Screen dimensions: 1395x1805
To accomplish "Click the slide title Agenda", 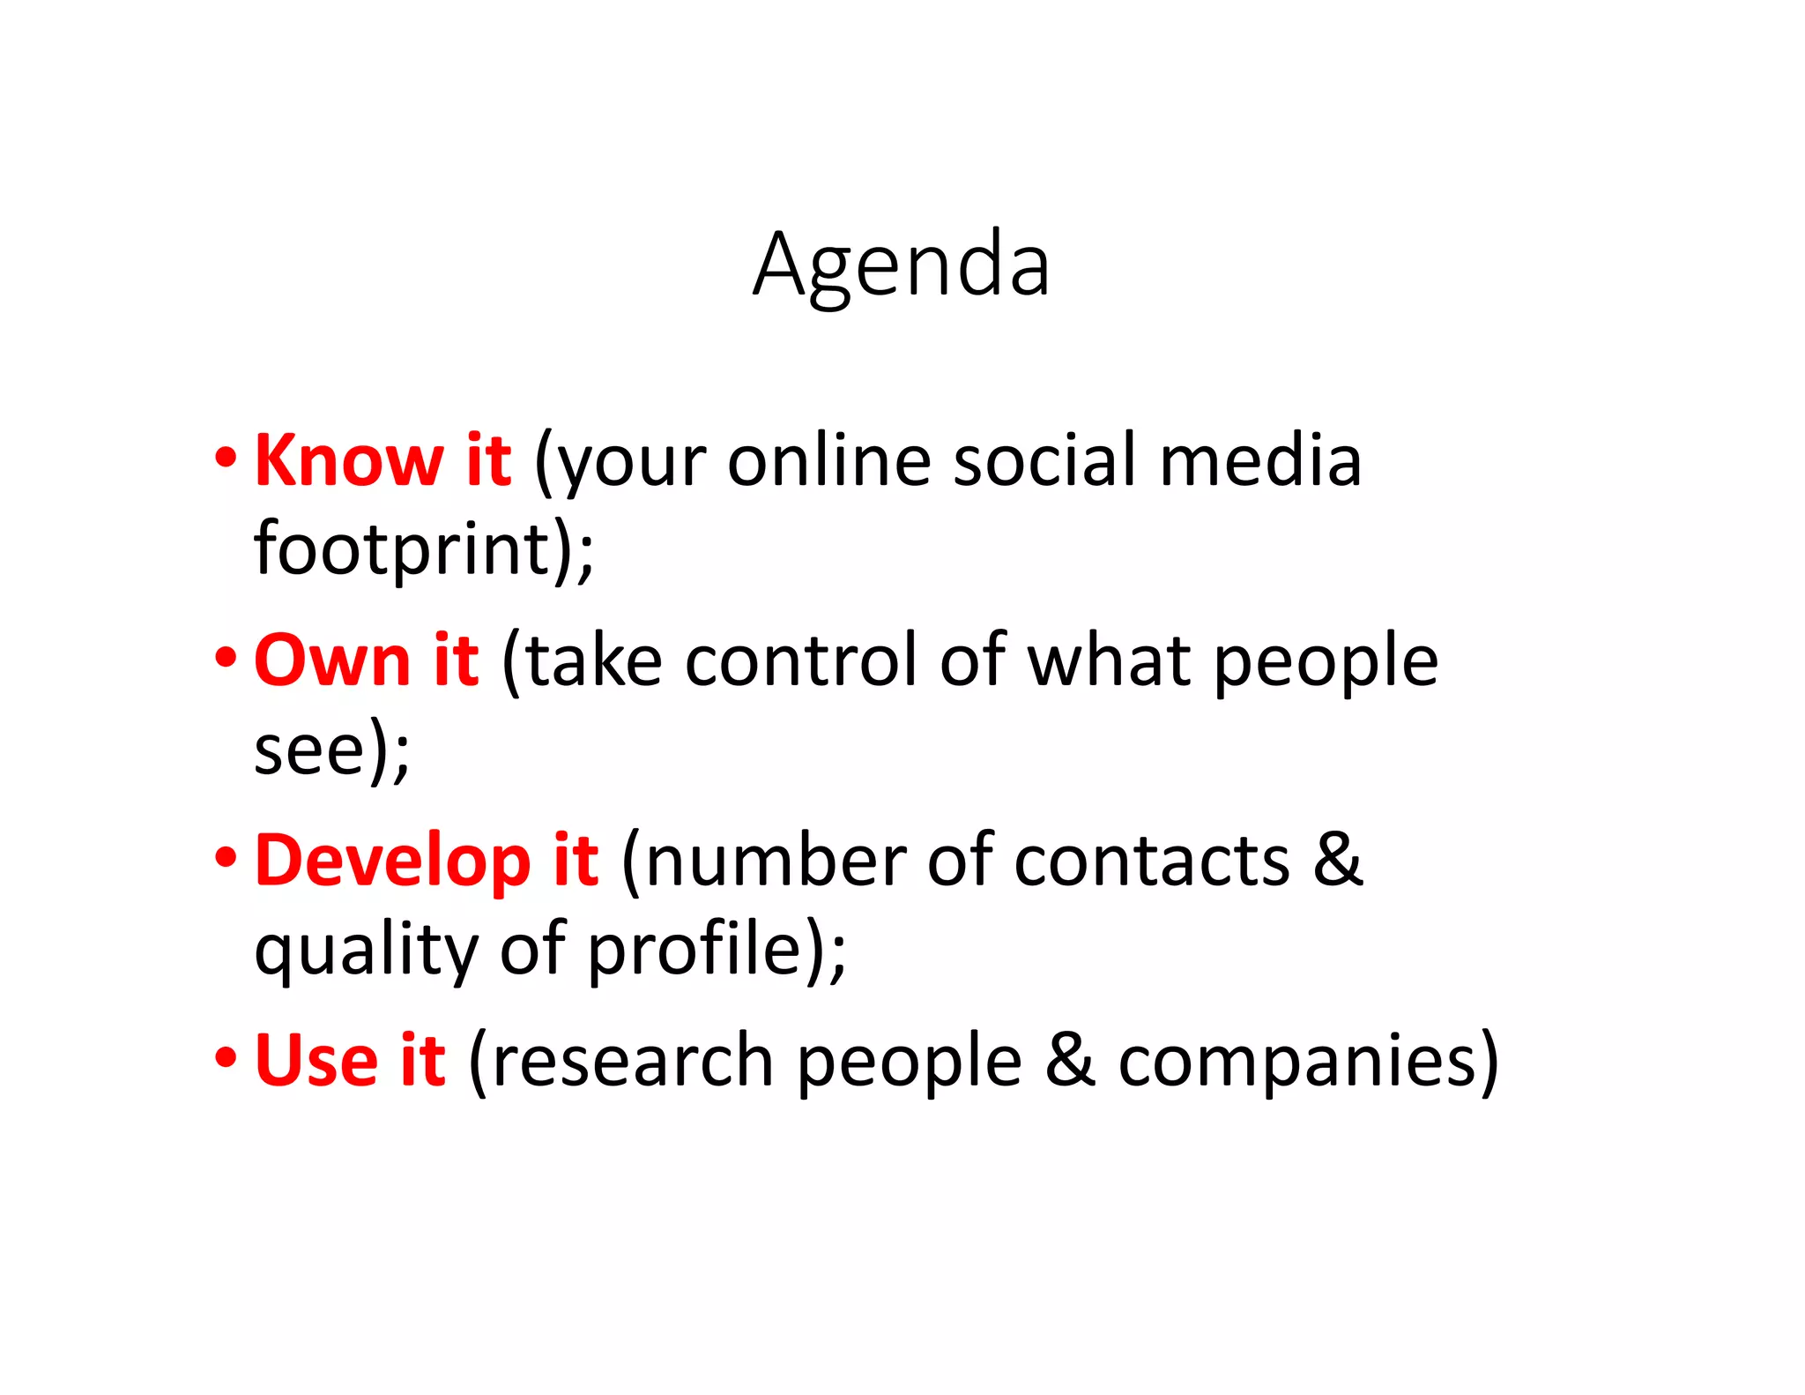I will point(901,265).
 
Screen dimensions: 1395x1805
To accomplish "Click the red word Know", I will point(349,460).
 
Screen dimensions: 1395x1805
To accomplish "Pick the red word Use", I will point(316,1060).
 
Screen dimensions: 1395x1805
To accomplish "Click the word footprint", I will point(403,548).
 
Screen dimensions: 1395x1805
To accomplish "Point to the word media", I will point(1260,460).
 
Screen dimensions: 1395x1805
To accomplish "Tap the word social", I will point(1045,460).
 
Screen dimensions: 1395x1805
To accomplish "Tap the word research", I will point(633,1060).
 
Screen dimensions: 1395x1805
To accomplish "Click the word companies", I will point(1296,1062).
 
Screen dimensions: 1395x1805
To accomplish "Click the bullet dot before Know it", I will point(226,458).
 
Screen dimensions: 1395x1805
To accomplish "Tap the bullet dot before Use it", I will point(226,1057).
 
